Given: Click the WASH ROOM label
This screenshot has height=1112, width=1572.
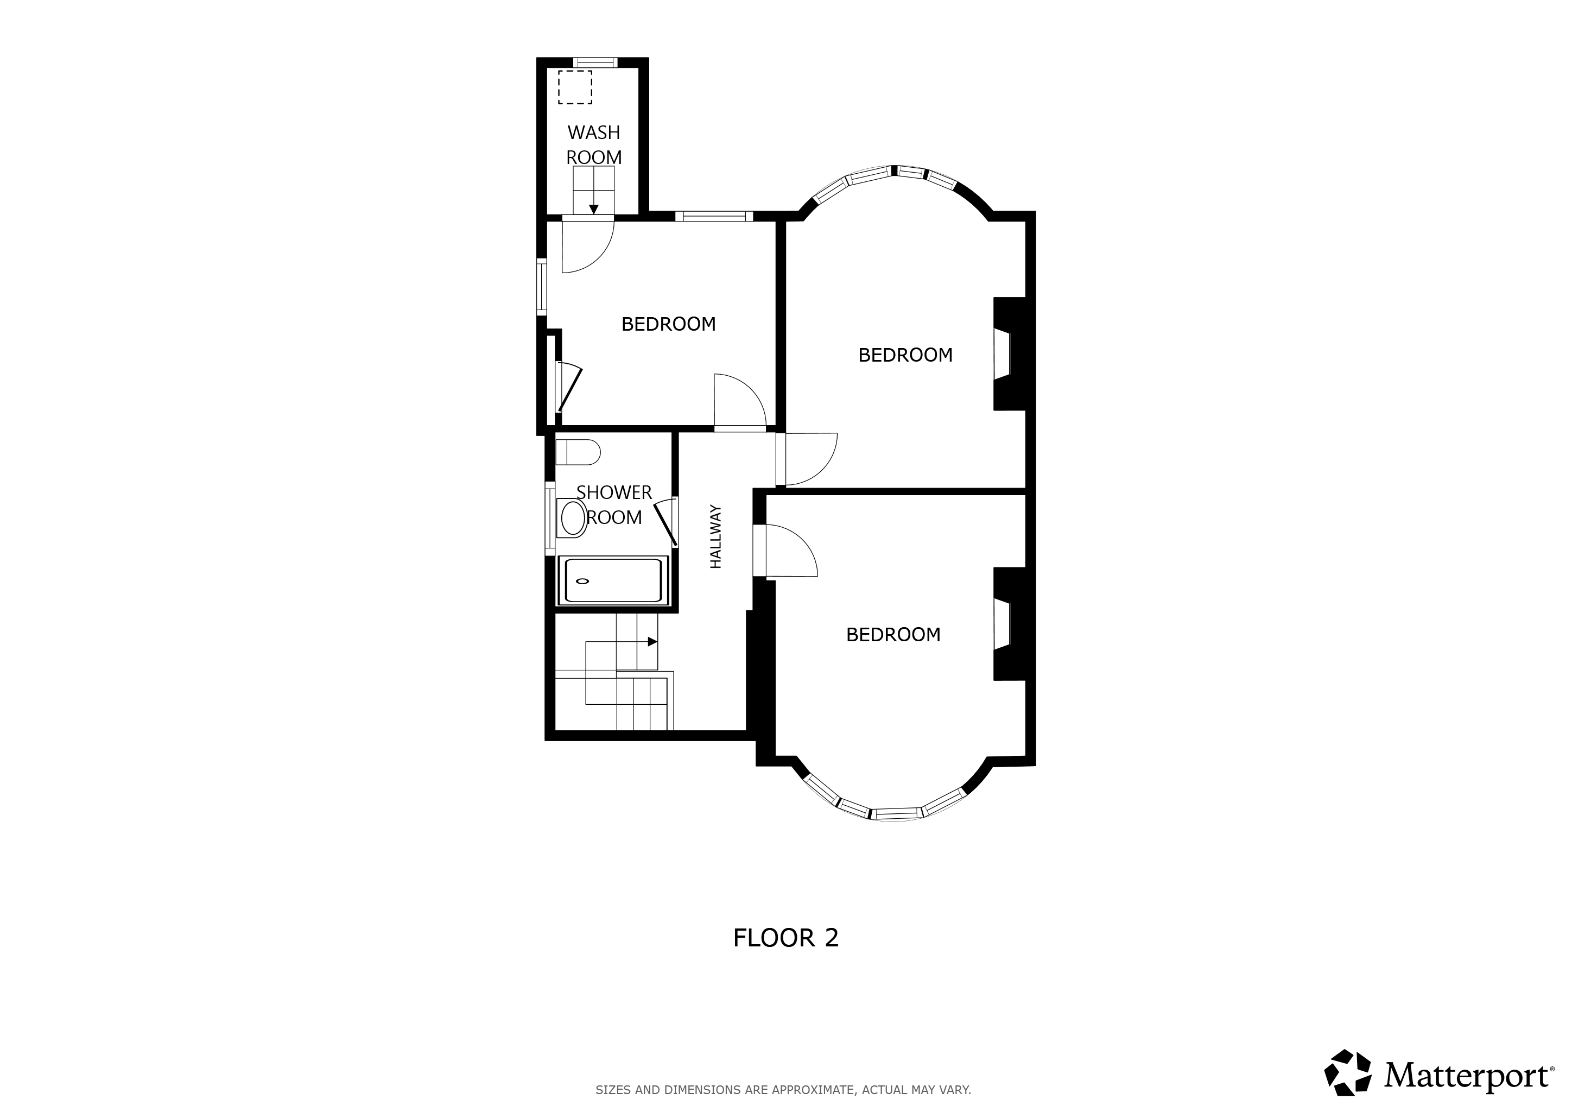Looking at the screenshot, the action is coord(594,144).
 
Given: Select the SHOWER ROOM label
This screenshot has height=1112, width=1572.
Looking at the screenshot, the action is coord(614,504).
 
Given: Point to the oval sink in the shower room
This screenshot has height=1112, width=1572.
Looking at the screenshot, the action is coord(573,517).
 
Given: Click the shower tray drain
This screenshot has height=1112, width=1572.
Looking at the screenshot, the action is coord(582,582).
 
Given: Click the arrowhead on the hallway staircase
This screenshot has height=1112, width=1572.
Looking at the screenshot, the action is coord(653,642).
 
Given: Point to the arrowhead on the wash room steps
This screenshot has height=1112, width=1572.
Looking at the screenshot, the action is coord(594,209).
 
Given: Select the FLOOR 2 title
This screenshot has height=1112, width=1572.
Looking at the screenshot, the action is coord(785,937).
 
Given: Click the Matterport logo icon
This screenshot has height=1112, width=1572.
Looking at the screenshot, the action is coord(1347,1072).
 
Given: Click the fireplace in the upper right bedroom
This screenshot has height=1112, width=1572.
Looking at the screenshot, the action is coord(1009,354).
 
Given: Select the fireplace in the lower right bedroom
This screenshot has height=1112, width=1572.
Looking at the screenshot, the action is coord(1009,624).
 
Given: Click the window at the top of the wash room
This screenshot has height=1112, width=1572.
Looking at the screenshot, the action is coord(595,63).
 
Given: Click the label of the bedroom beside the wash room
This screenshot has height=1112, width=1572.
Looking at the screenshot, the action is coord(668,324).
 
